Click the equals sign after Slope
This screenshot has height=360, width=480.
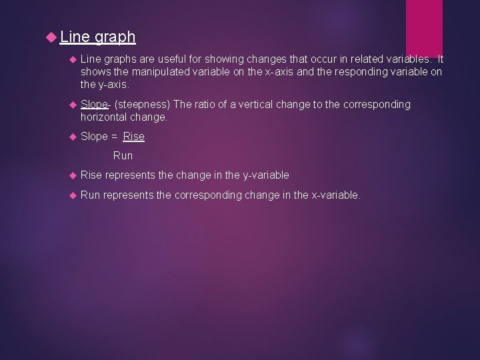point(115,137)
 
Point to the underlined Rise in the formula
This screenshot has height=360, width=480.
point(133,137)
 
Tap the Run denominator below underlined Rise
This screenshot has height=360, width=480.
point(123,156)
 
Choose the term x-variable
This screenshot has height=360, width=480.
point(335,195)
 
